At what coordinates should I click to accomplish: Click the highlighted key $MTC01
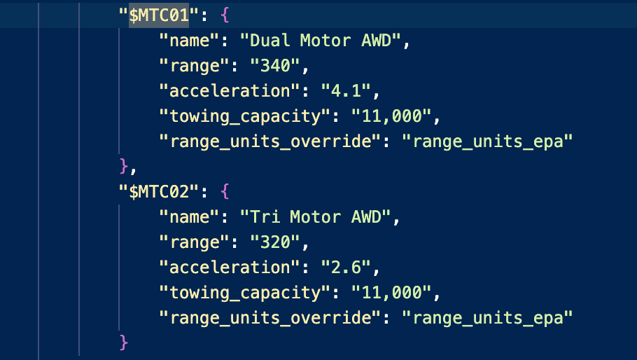coord(159,15)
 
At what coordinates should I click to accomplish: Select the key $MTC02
coord(159,192)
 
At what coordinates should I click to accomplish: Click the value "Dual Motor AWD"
coord(320,40)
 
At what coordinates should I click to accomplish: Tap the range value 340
coord(275,65)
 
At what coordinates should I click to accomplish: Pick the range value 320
coord(275,242)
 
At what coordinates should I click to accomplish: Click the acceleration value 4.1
coord(346,90)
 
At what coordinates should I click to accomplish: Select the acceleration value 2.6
coord(346,267)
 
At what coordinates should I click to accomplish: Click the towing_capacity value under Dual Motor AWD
coord(391,116)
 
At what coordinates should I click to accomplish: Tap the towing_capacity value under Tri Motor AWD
coord(391,293)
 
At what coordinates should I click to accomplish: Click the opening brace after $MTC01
coord(225,15)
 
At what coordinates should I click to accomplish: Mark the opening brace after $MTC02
coord(225,191)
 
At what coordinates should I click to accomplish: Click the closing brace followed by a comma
coord(124,167)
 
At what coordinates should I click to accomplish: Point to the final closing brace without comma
coord(124,342)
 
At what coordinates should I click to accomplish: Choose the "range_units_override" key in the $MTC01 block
coord(270,141)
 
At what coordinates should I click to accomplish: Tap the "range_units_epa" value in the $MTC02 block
coord(486,318)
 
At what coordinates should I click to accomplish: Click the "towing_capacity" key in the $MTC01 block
coord(245,116)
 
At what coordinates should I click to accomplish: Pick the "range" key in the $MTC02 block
coord(195,242)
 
